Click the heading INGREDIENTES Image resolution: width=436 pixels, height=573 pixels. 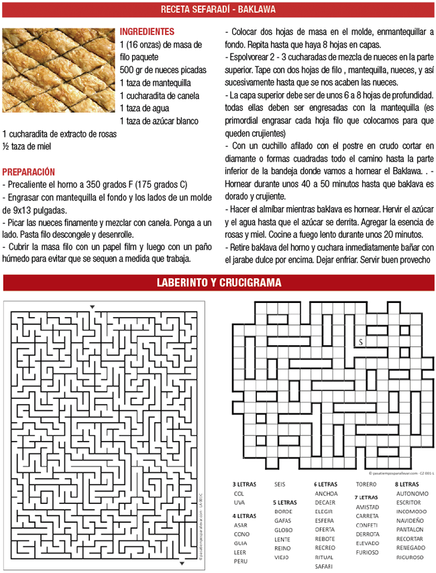tap(146, 31)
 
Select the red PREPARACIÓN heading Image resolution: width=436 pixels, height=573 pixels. tap(29, 172)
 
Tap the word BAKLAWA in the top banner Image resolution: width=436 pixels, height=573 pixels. tap(257, 10)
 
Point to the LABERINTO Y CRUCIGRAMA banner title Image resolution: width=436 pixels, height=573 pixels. tap(218, 283)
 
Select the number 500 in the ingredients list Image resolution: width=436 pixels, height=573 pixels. tap(128, 70)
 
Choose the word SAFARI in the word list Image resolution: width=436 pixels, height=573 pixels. tap(323, 566)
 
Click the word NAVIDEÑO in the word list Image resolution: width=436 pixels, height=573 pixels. tap(410, 520)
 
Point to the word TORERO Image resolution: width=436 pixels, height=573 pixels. tap(366, 483)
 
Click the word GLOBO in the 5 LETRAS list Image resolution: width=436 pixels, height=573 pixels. tap(283, 529)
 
